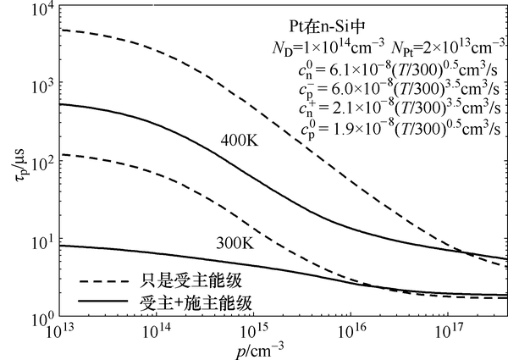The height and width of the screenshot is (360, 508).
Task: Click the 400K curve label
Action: (x=239, y=139)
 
